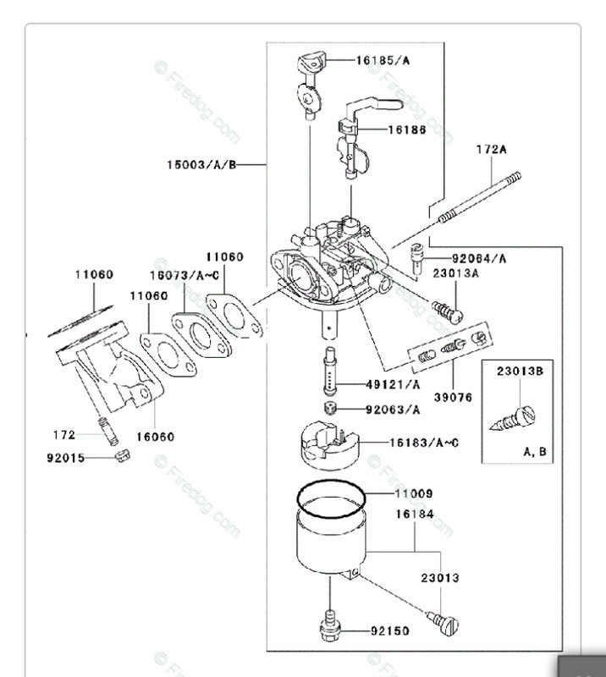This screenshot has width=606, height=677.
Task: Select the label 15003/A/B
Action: click(203, 164)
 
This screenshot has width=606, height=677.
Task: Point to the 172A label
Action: click(490, 150)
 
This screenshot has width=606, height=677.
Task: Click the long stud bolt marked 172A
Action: click(478, 197)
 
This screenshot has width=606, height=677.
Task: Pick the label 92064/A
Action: click(478, 257)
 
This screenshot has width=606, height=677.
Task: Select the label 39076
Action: click(453, 396)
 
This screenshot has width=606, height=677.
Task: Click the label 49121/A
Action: click(393, 383)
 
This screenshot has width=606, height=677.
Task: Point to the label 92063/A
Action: click(393, 410)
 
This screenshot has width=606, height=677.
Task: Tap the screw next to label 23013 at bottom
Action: click(445, 624)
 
